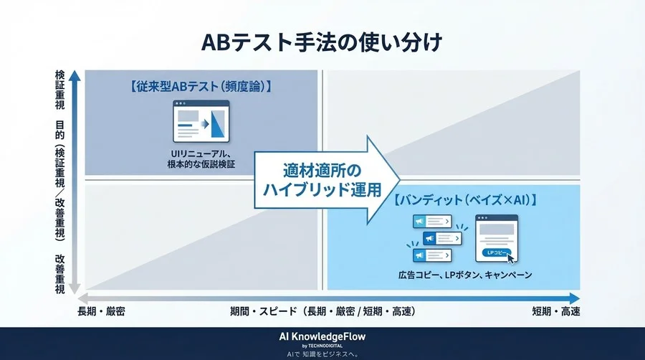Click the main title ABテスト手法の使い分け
pyautogui.click(x=322, y=42)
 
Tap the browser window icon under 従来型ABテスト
pyautogui.click(x=201, y=122)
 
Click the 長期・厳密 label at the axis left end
pyautogui.click(x=106, y=312)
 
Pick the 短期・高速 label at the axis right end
pyautogui.click(x=556, y=312)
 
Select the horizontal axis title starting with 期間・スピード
pyautogui.click(x=322, y=312)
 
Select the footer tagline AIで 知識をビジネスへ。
pyautogui.click(x=322, y=354)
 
